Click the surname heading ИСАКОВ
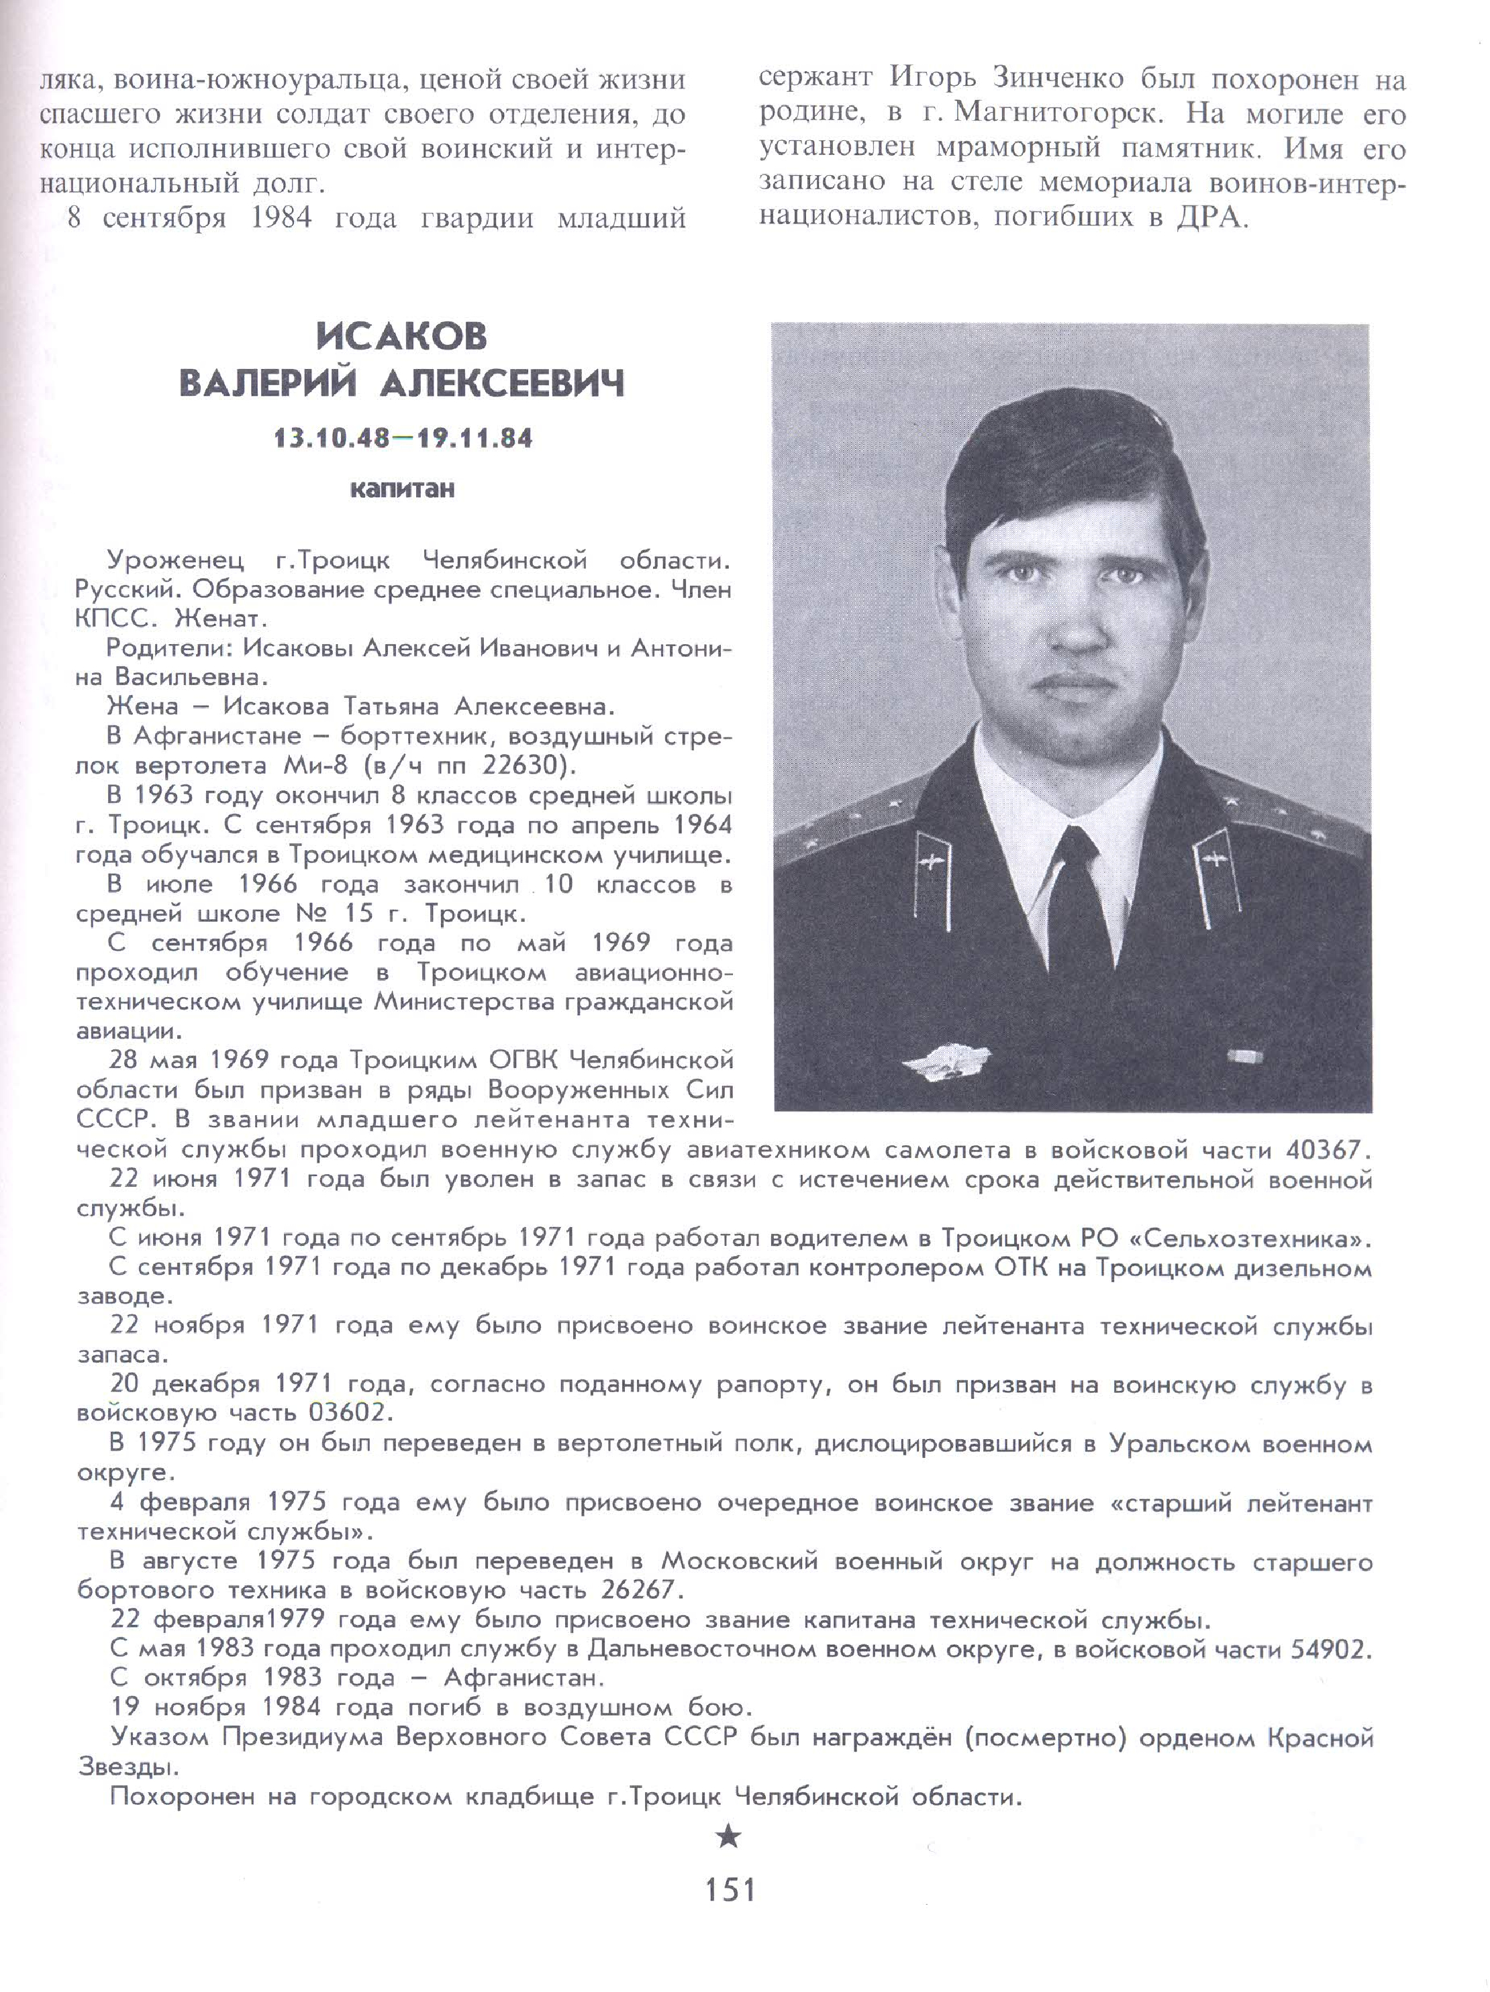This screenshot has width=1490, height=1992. tap(402, 337)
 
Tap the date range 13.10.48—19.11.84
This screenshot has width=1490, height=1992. tap(403, 439)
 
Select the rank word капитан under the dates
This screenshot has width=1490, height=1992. tap(402, 490)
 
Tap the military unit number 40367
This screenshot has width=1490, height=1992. tap(1328, 1150)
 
